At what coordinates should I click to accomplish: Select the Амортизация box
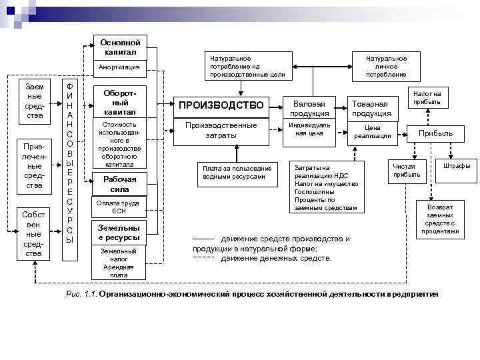coord(119,67)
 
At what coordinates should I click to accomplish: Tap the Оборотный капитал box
coord(120,103)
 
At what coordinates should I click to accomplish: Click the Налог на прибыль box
coord(427,97)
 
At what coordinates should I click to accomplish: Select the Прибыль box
coord(435,133)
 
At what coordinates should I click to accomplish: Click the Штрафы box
coord(457,166)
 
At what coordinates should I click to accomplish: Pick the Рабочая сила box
coord(120,184)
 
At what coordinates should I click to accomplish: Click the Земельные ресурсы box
coord(119,233)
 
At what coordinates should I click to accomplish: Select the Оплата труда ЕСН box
coord(119,207)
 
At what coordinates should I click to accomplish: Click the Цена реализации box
coord(372,132)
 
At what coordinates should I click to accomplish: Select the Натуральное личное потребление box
coord(381,67)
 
